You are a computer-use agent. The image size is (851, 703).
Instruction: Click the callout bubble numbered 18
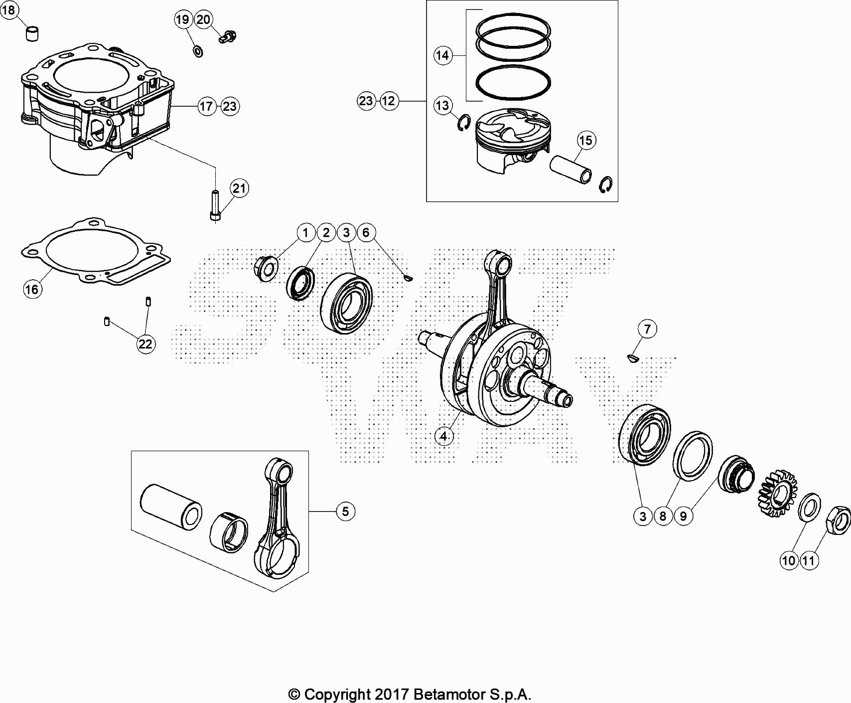[9, 9]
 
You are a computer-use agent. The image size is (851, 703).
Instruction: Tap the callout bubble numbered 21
[240, 188]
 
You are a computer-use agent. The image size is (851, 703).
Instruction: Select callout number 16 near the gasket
[31, 289]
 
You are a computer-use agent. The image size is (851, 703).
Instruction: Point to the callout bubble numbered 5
[345, 511]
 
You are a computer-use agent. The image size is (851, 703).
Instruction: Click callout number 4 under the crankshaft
[443, 436]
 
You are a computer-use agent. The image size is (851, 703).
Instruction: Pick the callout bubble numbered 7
[647, 329]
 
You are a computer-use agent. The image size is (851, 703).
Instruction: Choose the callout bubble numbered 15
[586, 140]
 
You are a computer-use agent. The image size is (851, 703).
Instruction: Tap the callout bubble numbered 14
[442, 55]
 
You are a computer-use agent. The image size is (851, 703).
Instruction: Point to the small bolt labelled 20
[228, 36]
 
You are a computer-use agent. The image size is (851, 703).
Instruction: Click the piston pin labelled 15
[571, 170]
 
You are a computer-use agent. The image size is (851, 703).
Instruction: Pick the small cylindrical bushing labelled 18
[32, 34]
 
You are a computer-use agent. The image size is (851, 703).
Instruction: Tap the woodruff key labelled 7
[632, 357]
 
